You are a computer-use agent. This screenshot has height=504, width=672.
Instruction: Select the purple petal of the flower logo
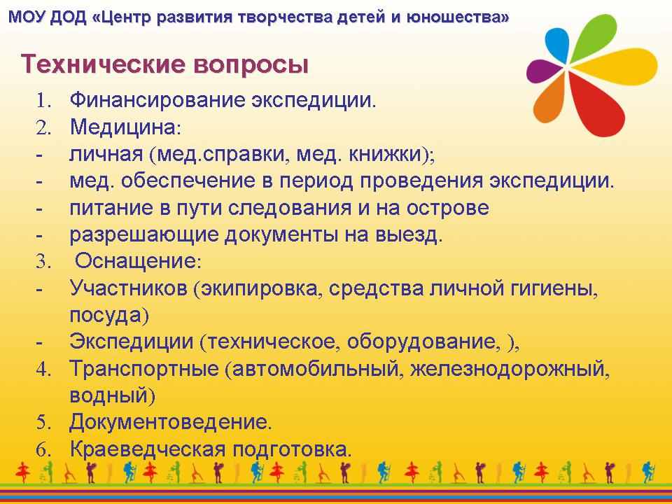pyautogui.click(x=542, y=71)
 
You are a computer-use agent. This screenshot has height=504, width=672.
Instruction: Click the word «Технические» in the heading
pyautogui.click(x=103, y=64)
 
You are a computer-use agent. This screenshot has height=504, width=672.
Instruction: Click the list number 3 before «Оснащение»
pyautogui.click(x=43, y=261)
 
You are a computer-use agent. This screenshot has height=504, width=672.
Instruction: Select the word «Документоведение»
pyautogui.click(x=171, y=423)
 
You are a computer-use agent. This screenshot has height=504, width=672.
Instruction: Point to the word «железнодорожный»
pyautogui.click(x=510, y=370)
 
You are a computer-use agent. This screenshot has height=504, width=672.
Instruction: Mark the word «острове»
pyautogui.click(x=448, y=209)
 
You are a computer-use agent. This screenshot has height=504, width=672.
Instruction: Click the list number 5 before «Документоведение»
pyautogui.click(x=43, y=423)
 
